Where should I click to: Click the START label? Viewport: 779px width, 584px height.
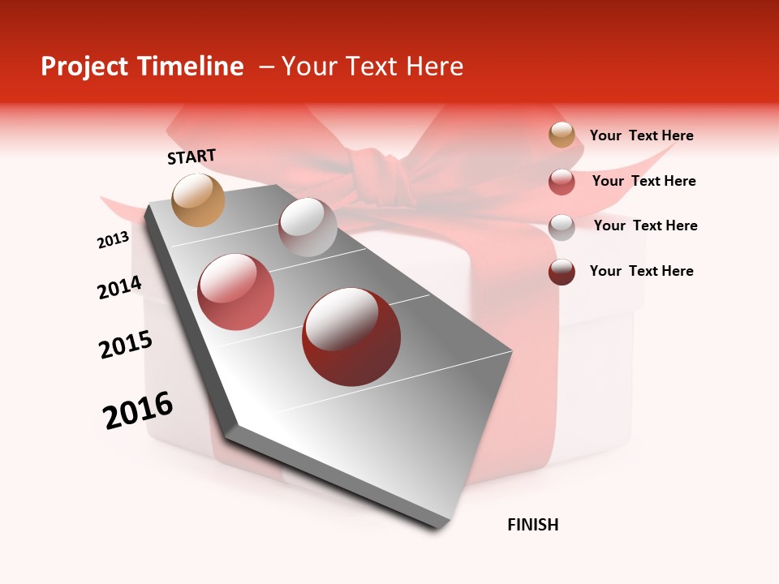coord(192,157)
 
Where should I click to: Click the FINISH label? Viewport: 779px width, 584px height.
coord(533,525)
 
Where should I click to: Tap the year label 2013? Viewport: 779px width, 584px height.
coord(114,240)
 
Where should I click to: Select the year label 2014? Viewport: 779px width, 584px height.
coord(119,287)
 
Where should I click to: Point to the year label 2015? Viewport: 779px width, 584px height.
coord(126,345)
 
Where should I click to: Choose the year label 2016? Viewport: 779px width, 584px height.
coord(138,410)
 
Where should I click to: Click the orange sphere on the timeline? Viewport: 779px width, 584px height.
coord(199,200)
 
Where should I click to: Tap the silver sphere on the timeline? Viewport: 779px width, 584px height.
coord(308,227)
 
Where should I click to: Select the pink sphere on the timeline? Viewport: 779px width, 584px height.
coord(236,291)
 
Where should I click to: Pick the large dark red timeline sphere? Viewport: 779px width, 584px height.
coord(351,337)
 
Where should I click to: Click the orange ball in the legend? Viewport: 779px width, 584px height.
coord(562,135)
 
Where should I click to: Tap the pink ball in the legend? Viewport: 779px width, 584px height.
coord(562,182)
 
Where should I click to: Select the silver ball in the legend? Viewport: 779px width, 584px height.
coord(562,227)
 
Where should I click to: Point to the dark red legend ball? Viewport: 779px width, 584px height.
coord(562,272)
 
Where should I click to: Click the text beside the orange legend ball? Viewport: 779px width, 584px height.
coord(641,135)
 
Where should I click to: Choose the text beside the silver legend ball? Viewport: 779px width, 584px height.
coord(645,225)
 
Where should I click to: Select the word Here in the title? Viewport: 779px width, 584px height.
coord(434,67)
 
